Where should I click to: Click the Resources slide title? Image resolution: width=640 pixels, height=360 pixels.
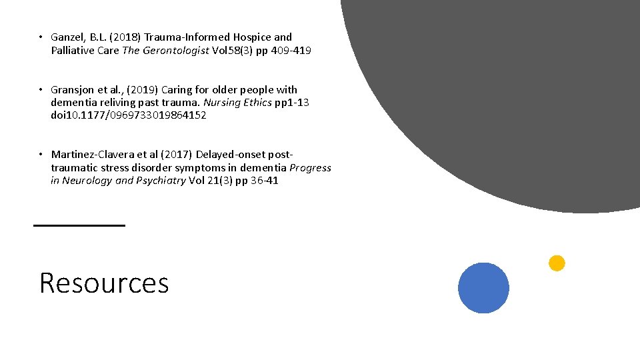[x=104, y=283]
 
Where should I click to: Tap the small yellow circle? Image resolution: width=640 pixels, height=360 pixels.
[x=557, y=263]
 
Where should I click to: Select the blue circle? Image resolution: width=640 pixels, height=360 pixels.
[x=483, y=288]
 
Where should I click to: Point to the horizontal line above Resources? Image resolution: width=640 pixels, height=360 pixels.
[x=79, y=226]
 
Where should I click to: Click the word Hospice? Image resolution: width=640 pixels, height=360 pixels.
[x=253, y=37]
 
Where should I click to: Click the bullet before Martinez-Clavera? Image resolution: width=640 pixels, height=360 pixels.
[x=41, y=155]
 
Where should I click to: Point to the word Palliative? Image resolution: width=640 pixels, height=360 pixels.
[x=73, y=51]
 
